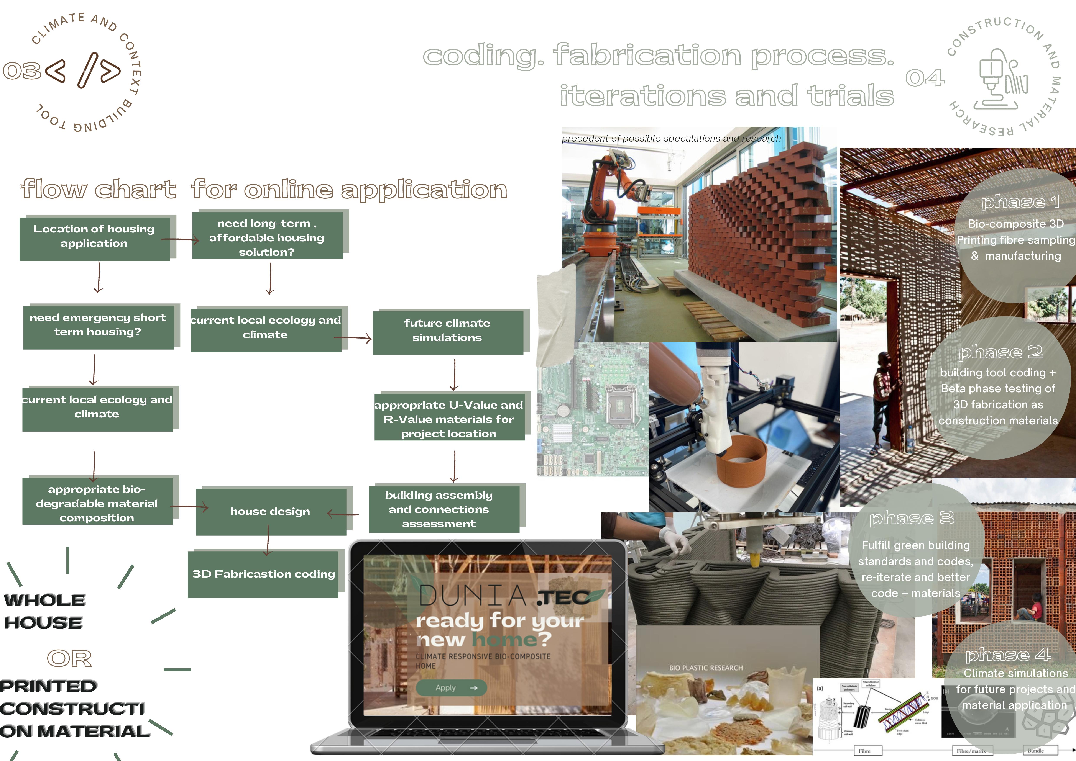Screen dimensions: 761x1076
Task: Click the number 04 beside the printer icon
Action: pos(925,78)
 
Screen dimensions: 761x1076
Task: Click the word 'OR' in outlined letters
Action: pos(69,658)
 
